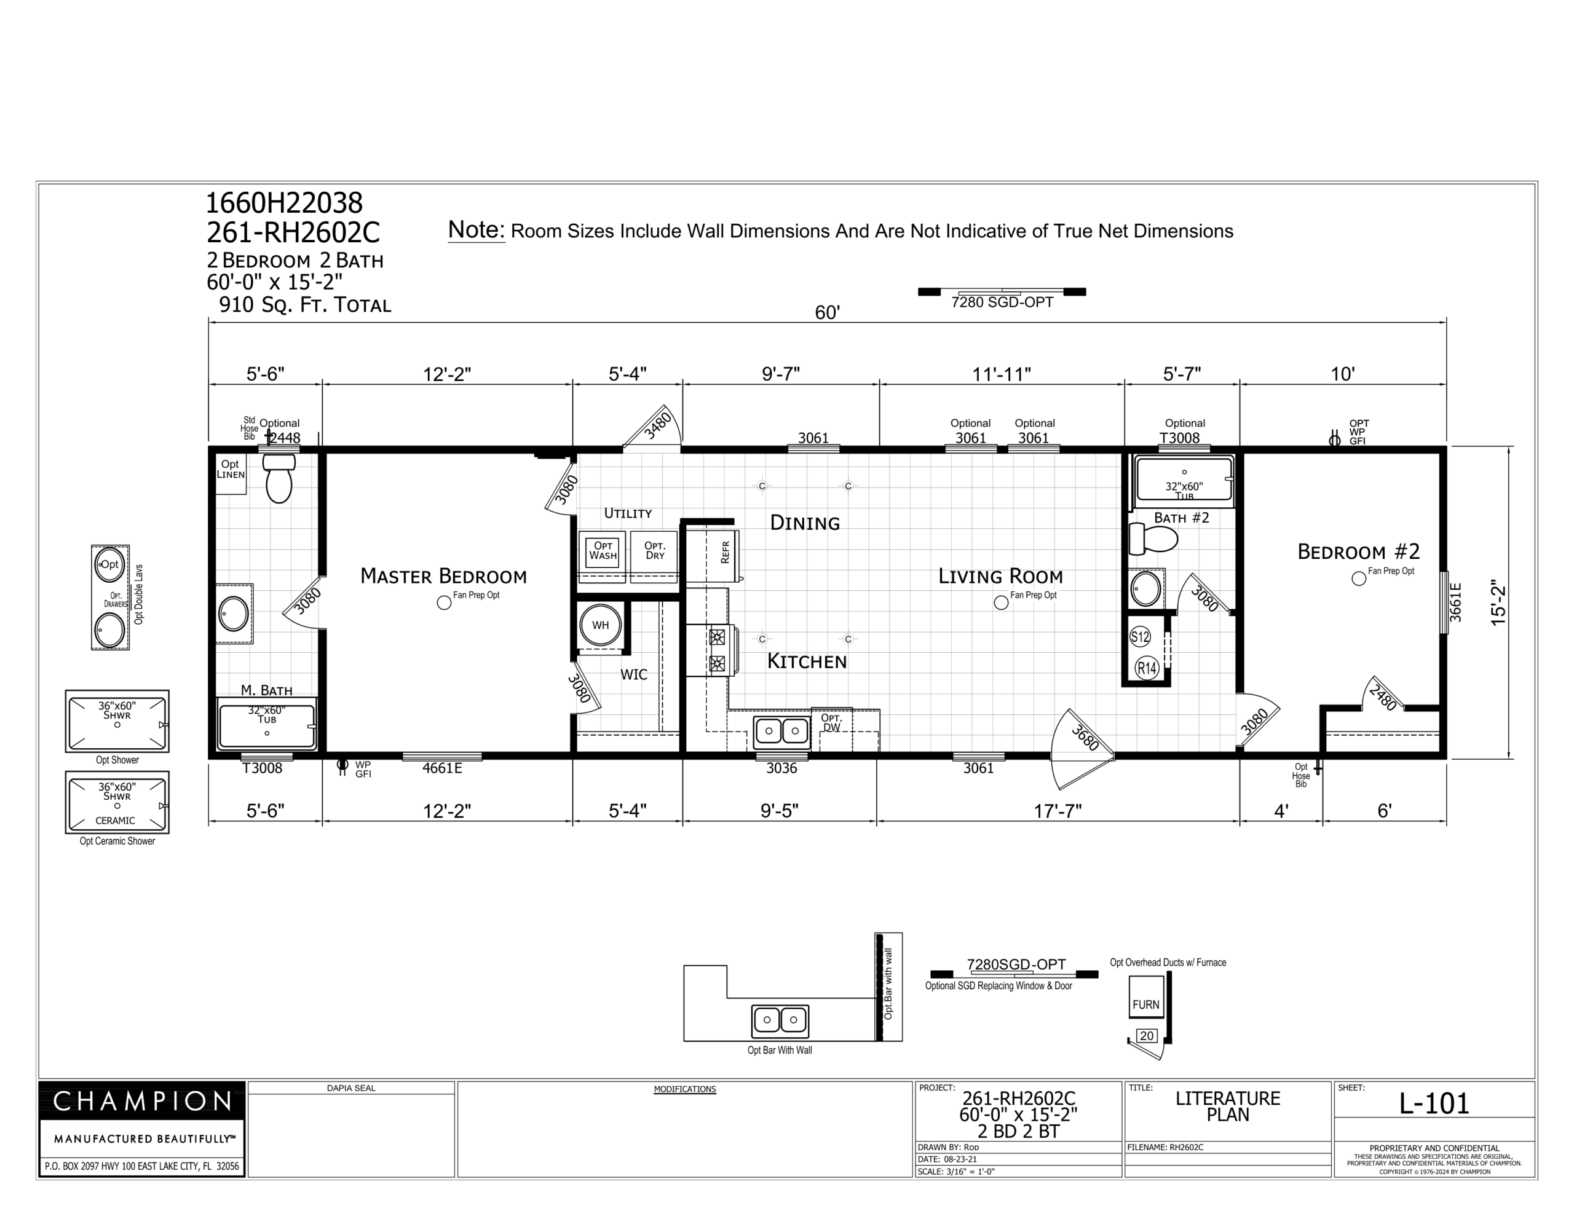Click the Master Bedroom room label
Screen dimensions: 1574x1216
443,576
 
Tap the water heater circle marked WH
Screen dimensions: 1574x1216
600,625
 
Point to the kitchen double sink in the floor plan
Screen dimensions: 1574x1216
782,731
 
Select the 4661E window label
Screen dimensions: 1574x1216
442,768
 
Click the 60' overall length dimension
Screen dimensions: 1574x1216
828,313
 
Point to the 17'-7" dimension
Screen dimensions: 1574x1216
1058,811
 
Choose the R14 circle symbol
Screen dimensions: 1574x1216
1147,668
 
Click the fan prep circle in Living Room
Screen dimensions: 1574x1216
1001,602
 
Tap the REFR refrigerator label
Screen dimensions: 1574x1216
725,552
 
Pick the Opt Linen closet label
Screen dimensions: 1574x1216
231,469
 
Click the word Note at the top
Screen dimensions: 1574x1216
477,230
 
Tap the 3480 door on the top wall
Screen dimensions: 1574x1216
653,430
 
